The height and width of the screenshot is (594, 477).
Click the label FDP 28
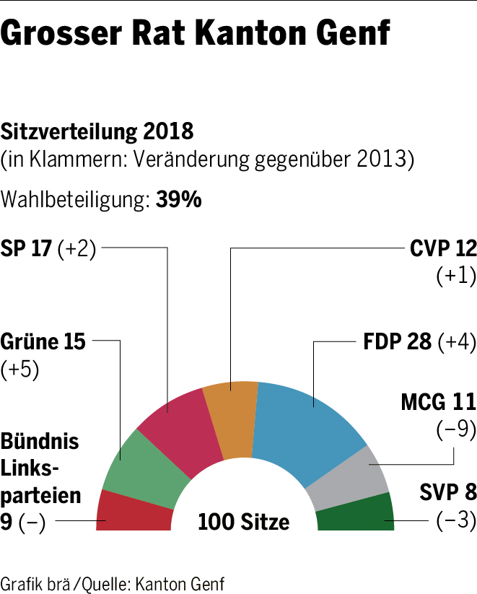(398, 342)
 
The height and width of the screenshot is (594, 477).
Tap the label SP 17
(27, 249)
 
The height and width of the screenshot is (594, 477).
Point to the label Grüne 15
(43, 341)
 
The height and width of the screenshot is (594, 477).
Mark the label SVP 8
(448, 494)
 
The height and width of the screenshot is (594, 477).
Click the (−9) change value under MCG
(456, 430)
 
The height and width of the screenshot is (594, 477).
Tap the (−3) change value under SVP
(456, 522)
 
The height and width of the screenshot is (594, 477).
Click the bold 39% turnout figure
(178, 200)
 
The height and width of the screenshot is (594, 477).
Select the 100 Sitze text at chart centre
(244, 521)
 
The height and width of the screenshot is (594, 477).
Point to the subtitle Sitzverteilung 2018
(97, 132)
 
